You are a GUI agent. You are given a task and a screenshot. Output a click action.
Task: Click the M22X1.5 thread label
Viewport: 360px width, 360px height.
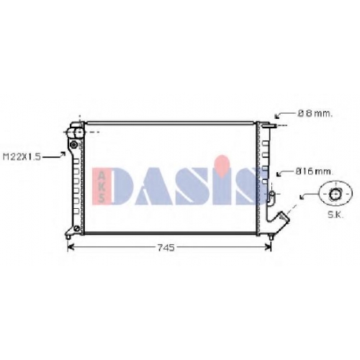tap(22, 157)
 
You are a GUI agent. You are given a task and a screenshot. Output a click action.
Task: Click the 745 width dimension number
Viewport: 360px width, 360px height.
tap(166, 248)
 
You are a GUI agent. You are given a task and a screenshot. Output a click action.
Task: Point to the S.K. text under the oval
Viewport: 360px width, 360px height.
tap(336, 215)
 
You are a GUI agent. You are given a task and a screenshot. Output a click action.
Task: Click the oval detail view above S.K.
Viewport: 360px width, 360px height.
tap(336, 194)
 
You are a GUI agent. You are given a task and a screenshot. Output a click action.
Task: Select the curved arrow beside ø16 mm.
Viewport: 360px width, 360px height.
tap(285, 173)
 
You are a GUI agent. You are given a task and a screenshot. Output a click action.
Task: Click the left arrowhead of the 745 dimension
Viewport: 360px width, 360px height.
tap(71, 247)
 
